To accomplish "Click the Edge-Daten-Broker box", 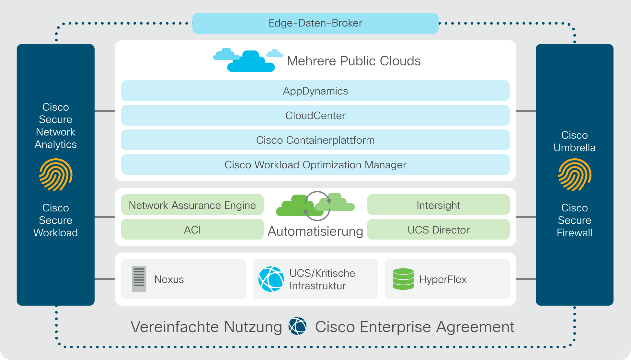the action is pos(315,23).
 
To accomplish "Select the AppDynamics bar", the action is pos(315,91).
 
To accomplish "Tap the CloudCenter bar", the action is pos(315,115).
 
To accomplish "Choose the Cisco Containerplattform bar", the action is pos(315,140).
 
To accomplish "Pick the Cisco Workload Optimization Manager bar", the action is pos(315,164).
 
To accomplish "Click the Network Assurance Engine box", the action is pos(192,205).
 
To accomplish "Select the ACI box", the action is pos(192,229).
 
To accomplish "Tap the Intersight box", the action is pos(438,205).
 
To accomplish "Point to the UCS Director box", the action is pos(438,229).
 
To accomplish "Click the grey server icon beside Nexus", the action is pos(139,279).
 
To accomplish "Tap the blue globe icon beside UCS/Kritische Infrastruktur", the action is pos(271,279).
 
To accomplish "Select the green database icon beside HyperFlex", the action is pos(403,279).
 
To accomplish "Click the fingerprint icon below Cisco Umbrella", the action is pos(574,175).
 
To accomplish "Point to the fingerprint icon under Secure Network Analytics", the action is pos(55,175).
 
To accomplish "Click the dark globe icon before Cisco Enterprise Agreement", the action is pos(298,326).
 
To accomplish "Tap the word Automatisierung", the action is pos(315,231).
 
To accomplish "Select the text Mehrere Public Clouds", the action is pos(354,61).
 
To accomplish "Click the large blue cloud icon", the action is pos(251,61).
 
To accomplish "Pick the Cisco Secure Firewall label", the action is pos(574,220).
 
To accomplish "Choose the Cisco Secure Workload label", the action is pos(55,220).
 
